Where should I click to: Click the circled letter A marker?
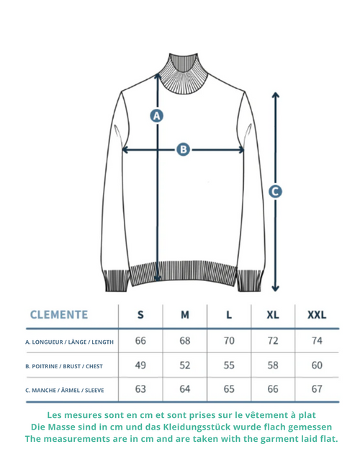(156, 115)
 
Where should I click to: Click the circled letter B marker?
(183, 149)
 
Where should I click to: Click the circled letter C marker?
(275, 192)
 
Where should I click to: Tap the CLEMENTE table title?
(59, 315)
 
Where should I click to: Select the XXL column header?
(317, 315)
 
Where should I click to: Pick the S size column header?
(140, 315)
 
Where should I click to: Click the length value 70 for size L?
(229, 341)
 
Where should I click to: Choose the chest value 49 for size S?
(140, 365)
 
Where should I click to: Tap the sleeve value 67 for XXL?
(317, 389)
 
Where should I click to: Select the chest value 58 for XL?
(273, 365)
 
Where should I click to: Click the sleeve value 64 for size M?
(185, 389)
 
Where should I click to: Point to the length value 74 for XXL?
(317, 341)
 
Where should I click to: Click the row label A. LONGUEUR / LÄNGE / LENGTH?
(69, 342)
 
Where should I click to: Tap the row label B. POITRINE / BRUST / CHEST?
(64, 366)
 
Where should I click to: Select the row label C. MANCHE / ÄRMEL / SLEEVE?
(65, 391)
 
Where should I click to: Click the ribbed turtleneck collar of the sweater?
(183, 74)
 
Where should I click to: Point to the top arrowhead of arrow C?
(275, 95)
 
